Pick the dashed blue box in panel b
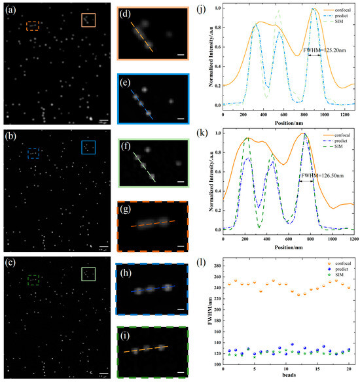[x=34, y=153]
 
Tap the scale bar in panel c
[x=103, y=374]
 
